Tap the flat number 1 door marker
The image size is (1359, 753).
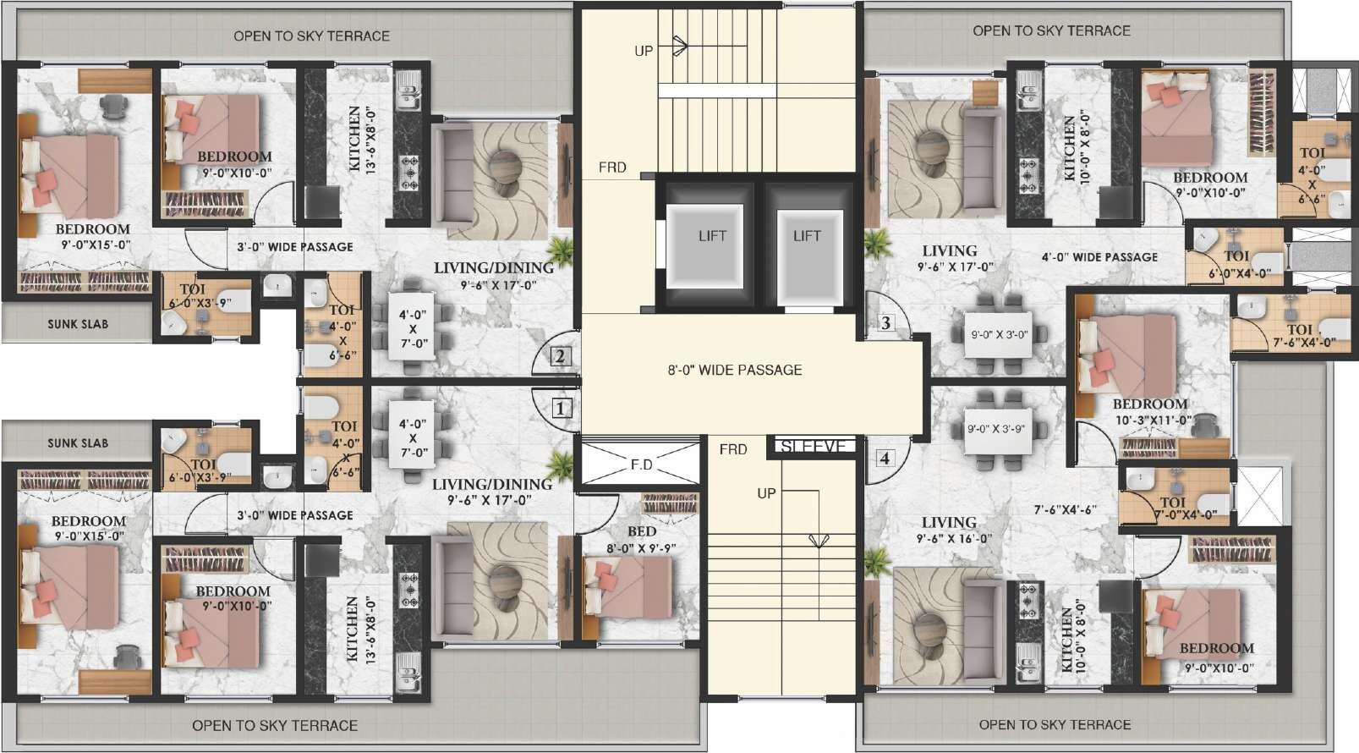560,409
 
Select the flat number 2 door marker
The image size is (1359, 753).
560,356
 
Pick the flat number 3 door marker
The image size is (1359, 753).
885,322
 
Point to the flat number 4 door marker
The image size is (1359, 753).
885,459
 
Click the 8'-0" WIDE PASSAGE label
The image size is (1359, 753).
734,370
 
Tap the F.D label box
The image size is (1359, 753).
641,464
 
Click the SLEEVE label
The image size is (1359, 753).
813,447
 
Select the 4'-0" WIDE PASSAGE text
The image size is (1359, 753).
1099,256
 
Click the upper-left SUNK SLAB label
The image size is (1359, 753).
77,323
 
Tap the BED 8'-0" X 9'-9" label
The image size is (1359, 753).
641,539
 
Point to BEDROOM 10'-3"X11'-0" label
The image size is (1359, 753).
1151,411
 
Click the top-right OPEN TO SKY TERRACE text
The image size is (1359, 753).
1050,30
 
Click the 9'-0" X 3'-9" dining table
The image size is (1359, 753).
995,429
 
